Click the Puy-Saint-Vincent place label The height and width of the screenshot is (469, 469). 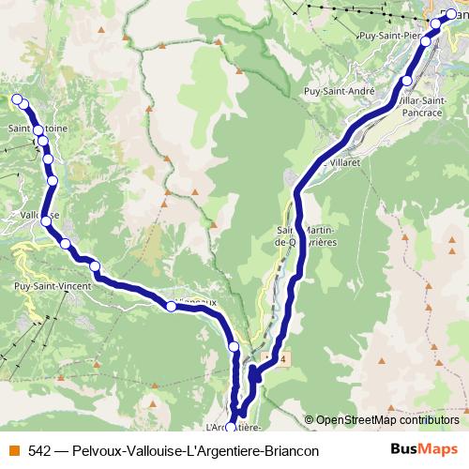53,282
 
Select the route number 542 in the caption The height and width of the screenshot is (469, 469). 39,450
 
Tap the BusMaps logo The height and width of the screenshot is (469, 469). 423,449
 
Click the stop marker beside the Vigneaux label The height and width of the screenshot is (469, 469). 172,306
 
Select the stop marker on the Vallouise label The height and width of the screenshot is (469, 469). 46,220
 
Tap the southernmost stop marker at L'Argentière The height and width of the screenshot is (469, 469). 232,430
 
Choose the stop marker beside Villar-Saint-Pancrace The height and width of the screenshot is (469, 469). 406,80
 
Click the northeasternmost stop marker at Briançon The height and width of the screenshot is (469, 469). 450,13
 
